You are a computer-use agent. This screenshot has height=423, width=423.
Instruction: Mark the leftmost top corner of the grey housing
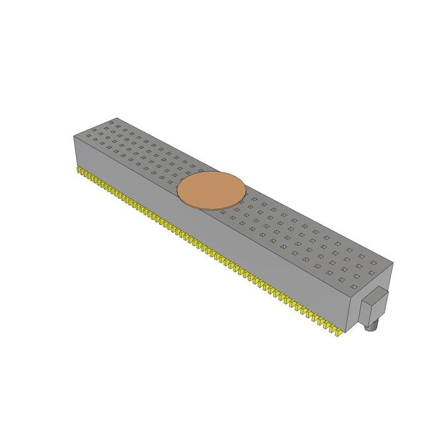coord(73,134)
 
